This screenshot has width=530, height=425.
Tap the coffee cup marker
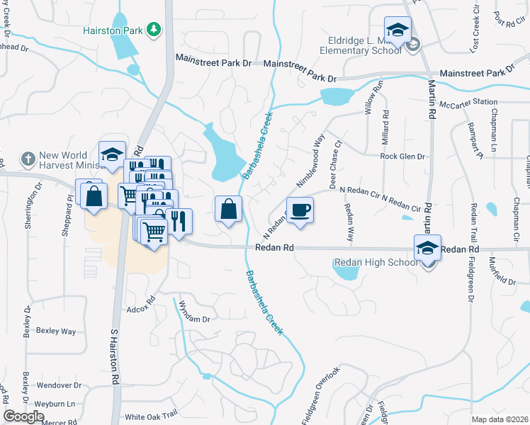(x=300, y=210)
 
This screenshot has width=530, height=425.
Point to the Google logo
(x=23, y=417)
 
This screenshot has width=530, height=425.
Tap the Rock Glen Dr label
(x=402, y=157)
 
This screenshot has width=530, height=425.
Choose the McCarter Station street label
(x=468, y=102)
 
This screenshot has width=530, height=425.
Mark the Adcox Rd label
(x=140, y=309)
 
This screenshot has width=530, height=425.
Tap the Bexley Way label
(x=55, y=331)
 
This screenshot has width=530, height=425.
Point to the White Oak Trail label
(x=150, y=417)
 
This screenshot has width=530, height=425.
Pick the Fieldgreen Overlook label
(x=321, y=395)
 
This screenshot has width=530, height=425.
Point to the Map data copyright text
(x=500, y=419)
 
